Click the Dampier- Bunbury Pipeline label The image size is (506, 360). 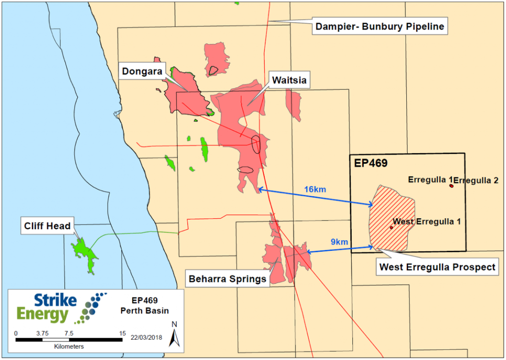pyautogui.click(x=379, y=26)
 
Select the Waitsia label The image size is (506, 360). pyautogui.click(x=286, y=79)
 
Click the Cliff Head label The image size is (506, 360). pyautogui.click(x=47, y=227)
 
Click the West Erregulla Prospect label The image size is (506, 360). pyautogui.click(x=437, y=267)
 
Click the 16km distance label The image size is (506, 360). pyautogui.click(x=315, y=189)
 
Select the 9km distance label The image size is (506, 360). pyautogui.click(x=339, y=242)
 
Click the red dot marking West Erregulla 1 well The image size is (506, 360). pyautogui.click(x=391, y=228)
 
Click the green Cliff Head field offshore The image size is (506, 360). pyautogui.click(x=85, y=252)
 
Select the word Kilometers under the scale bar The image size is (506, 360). pyautogui.click(x=69, y=347)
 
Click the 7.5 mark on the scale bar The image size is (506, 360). pyautogui.click(x=69, y=333)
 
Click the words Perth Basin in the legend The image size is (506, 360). pyautogui.click(x=138, y=311)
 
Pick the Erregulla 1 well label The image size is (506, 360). pyautogui.click(x=428, y=180)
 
